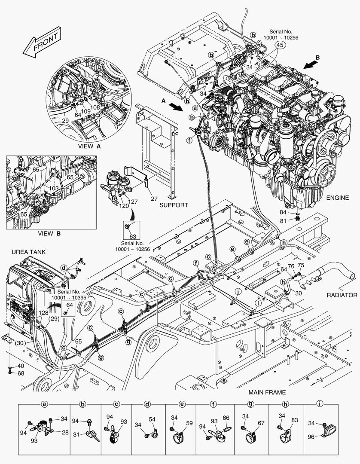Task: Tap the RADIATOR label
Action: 342,295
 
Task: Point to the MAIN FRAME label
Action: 267,392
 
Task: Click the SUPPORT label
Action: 174,205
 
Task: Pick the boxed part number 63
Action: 132,236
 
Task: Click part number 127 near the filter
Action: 133,201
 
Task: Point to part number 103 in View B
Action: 53,188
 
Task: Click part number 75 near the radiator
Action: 301,265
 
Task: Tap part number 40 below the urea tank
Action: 21,366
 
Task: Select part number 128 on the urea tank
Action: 43,313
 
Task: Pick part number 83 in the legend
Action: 294,420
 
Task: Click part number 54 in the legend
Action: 152,419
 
